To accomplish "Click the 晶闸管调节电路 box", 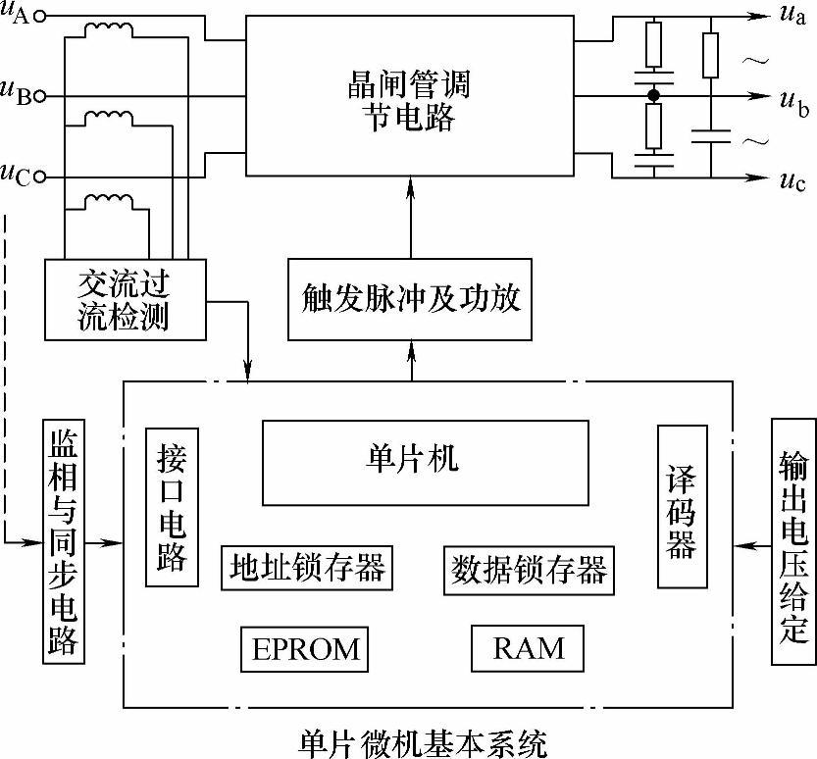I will click(x=410, y=98).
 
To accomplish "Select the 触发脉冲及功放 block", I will click(x=410, y=298).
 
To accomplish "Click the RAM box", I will click(x=529, y=647).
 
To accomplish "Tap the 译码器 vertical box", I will click(x=682, y=506).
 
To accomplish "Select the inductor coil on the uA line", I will click(x=110, y=29).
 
